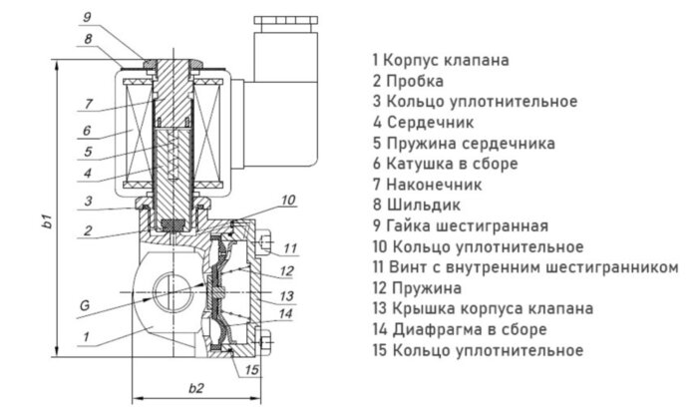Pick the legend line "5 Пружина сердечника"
point(464,143)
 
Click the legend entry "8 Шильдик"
point(416,205)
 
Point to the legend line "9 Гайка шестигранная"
point(460,225)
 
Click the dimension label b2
point(195,388)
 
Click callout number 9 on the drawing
point(88,17)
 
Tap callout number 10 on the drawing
point(288,202)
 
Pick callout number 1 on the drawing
point(88,337)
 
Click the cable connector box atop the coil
point(285,90)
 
